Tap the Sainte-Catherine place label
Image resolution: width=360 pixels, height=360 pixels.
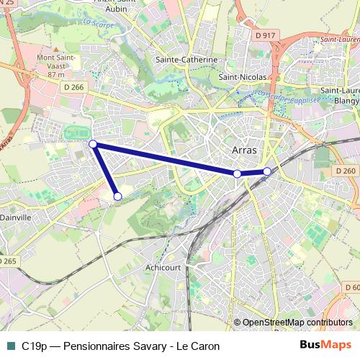(187, 60)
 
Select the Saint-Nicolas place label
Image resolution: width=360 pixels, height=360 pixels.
(243, 76)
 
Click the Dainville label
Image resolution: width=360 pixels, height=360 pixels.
(16, 215)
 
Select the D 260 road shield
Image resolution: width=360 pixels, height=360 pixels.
(346, 171)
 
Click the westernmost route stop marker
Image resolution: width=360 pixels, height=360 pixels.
(93, 144)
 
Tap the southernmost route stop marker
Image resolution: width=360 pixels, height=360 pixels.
(118, 196)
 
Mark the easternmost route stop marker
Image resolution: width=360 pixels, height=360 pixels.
(267, 171)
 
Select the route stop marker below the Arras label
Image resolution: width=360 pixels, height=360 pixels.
(238, 174)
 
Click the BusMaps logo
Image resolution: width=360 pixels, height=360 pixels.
(325, 346)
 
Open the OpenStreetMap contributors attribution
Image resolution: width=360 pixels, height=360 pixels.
(297, 323)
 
